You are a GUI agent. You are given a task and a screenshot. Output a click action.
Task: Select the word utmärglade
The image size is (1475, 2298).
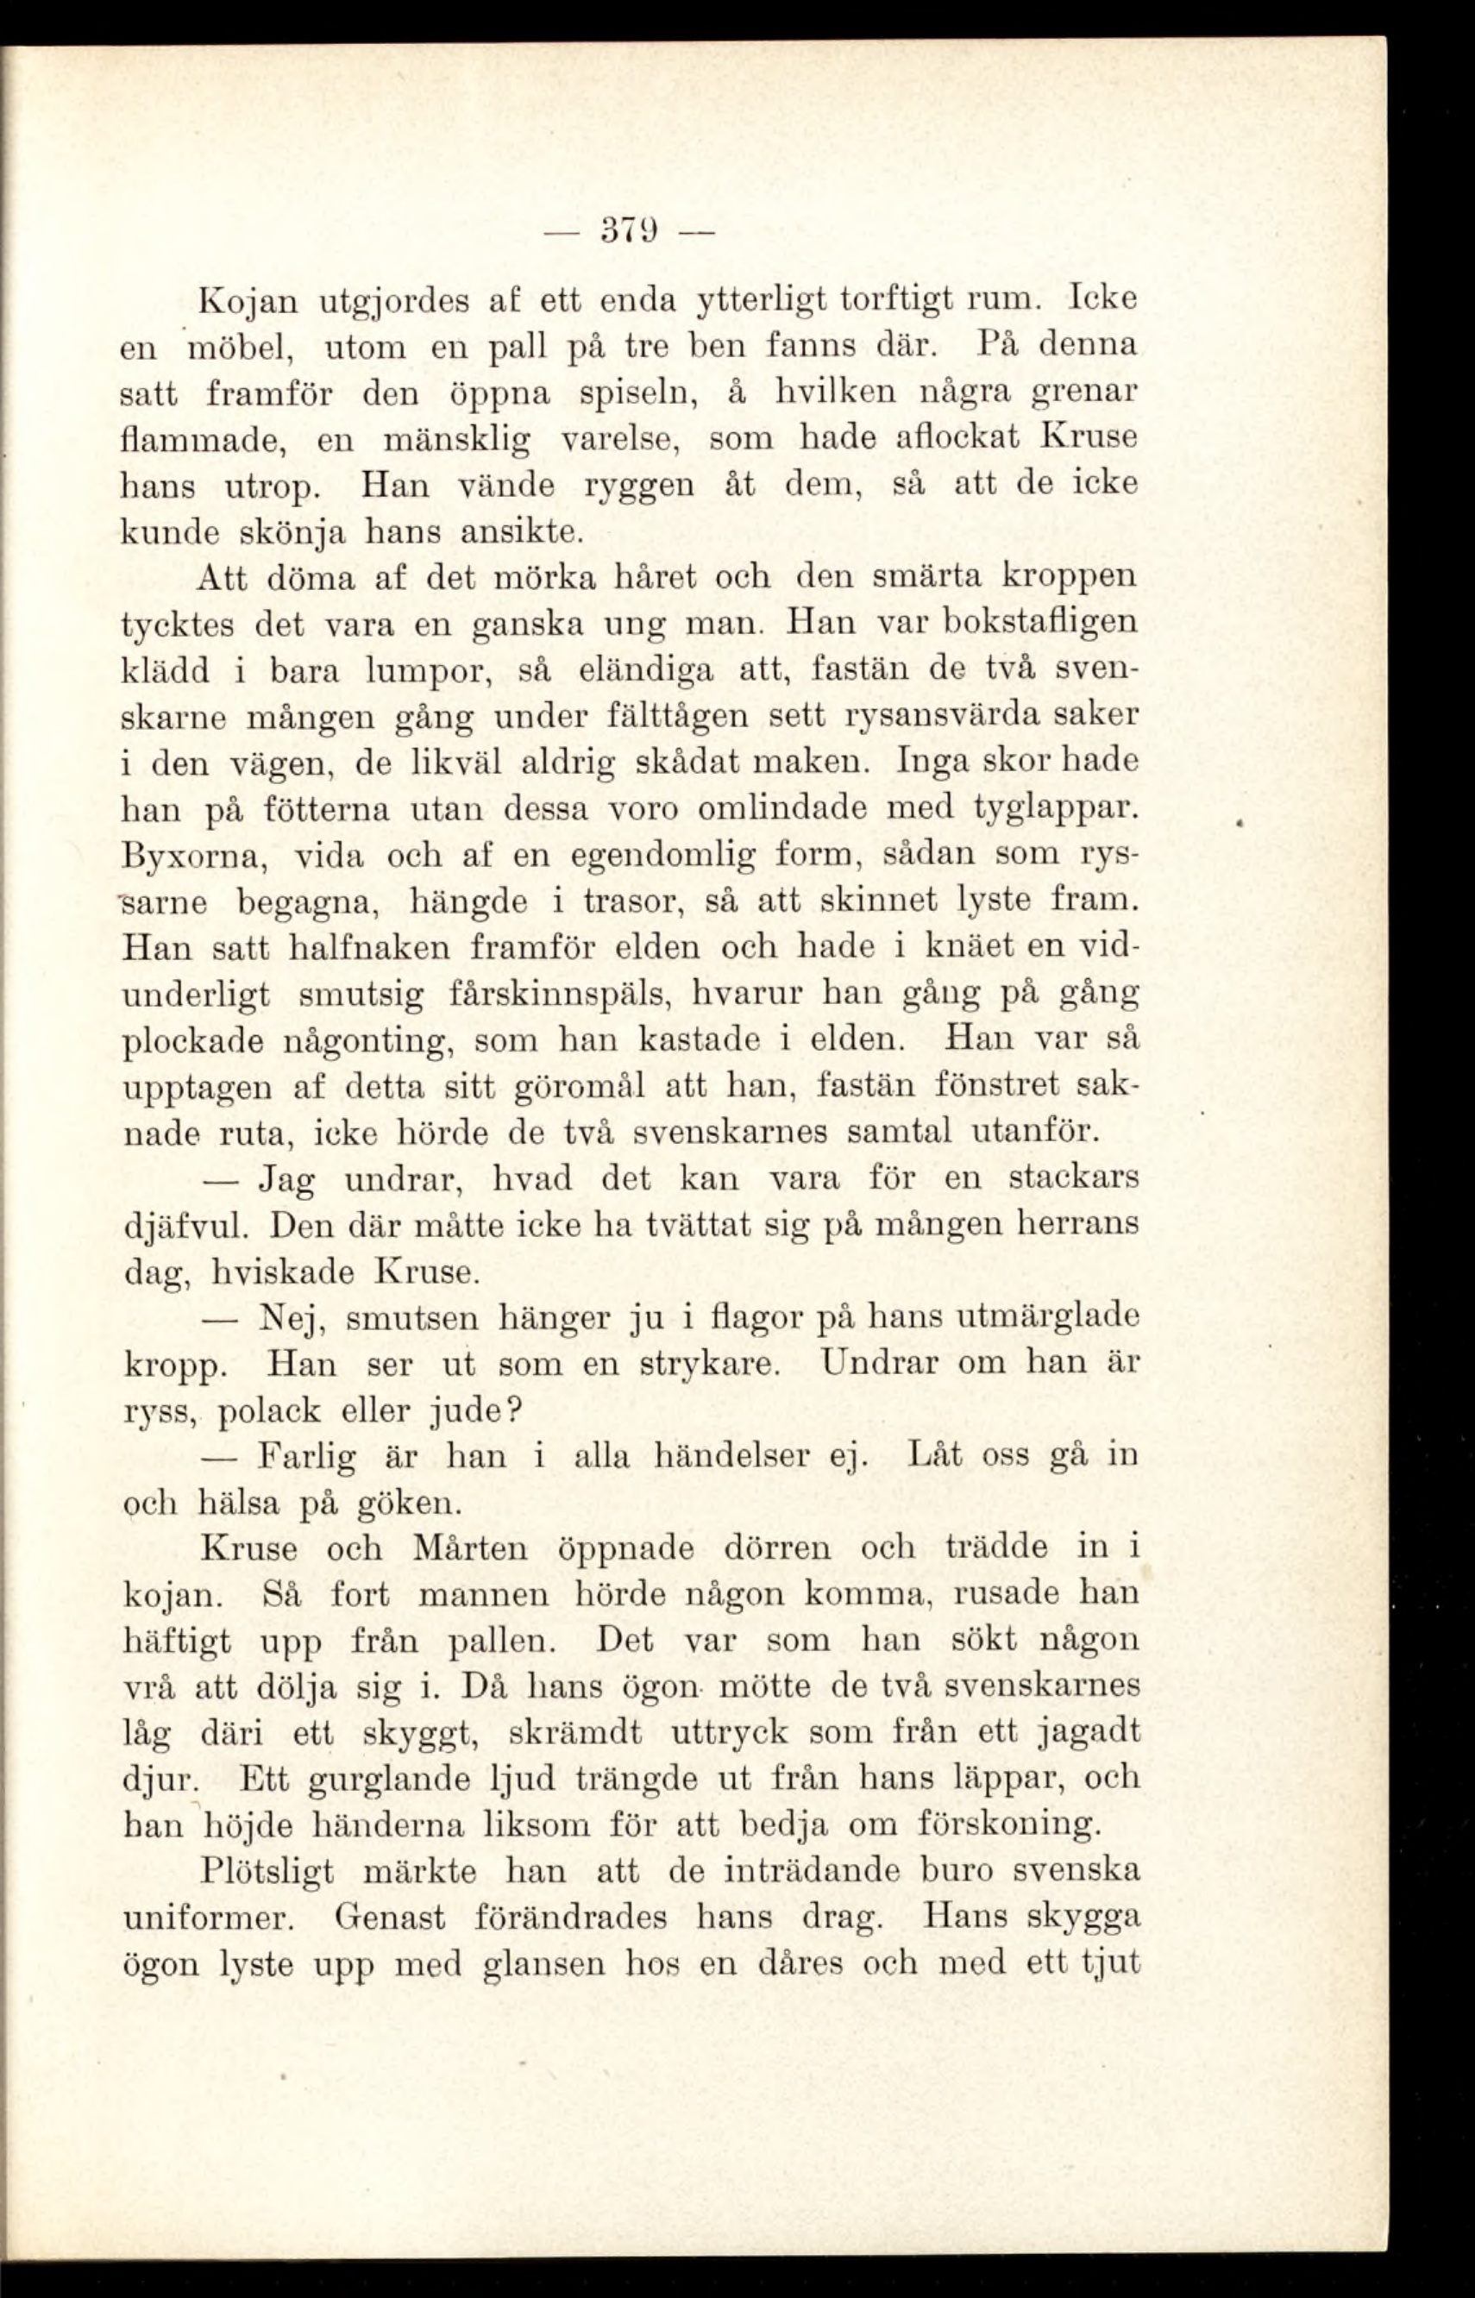click(x=1049, y=1318)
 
